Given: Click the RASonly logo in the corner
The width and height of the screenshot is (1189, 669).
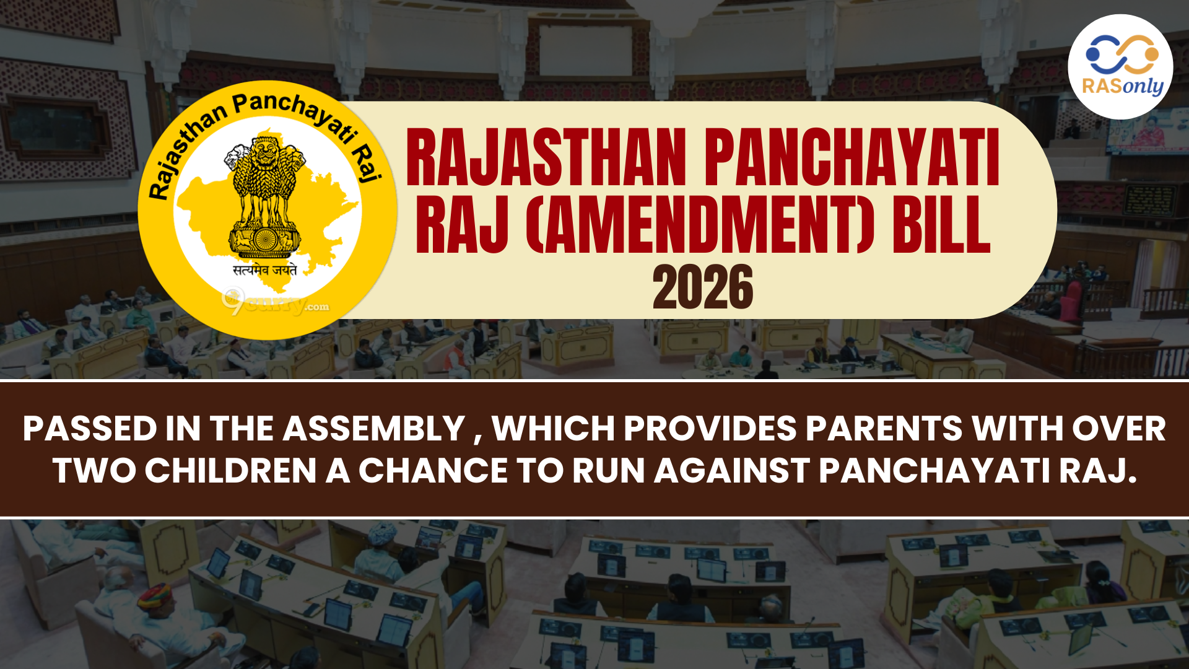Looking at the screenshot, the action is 1120,67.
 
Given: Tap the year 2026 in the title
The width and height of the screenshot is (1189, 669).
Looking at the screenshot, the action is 703,287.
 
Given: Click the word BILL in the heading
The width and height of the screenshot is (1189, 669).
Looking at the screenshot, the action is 941,224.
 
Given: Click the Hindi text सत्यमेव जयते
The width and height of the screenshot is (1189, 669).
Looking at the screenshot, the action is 265,270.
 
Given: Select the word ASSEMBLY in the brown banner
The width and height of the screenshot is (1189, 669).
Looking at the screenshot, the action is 374,429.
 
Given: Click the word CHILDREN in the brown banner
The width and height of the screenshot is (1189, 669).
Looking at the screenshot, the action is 231,471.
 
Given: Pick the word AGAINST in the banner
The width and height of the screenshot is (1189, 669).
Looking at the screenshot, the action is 732,471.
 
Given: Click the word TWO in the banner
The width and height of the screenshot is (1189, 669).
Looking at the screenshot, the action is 94,471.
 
